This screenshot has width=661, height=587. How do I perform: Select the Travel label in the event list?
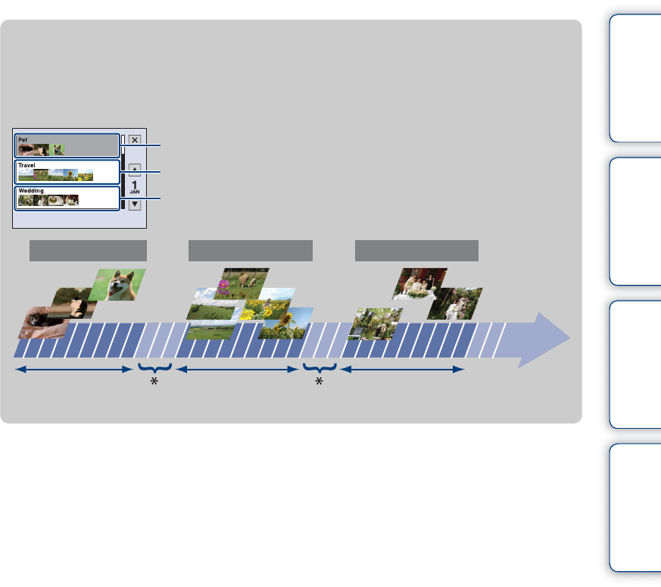tap(27, 164)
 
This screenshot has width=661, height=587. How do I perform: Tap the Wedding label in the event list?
tap(31, 191)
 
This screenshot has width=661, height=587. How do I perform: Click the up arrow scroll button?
tap(135, 170)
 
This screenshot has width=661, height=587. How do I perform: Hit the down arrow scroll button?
tap(135, 203)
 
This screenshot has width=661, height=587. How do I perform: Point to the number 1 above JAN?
tap(135, 184)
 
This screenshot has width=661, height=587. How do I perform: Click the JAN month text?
tap(135, 192)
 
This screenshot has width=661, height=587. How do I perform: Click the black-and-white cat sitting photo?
tap(74, 301)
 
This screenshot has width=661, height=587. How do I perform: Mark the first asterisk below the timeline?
tap(154, 382)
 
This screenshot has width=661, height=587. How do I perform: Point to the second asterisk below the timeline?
tap(319, 382)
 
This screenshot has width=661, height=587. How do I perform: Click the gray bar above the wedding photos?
tap(416, 251)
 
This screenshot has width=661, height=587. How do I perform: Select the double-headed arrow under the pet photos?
tap(74, 370)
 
